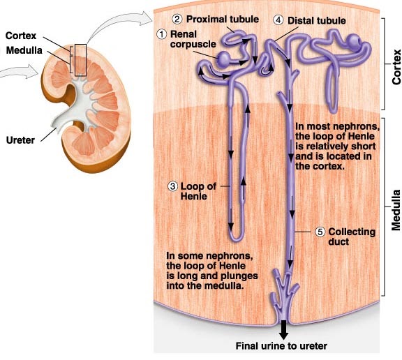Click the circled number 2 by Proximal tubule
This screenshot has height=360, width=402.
click(x=177, y=18)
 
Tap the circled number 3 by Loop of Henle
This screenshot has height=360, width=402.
click(x=172, y=186)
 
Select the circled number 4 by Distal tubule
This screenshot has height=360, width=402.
click(x=279, y=20)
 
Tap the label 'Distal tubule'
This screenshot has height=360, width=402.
click(x=318, y=20)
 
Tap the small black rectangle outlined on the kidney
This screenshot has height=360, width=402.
click(x=80, y=60)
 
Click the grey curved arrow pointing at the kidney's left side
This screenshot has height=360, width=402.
click(x=17, y=70)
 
